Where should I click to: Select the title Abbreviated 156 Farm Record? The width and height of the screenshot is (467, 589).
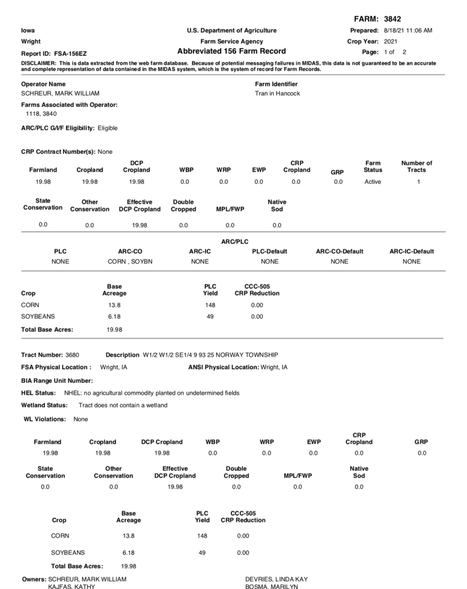coord(231,51)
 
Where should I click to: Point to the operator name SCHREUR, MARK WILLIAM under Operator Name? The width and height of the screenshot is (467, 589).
coord(60,93)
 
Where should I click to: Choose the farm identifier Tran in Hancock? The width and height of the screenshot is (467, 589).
coord(277,93)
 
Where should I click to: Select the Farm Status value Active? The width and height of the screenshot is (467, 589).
coord(373,182)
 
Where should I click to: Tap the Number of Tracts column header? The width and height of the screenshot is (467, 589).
coord(417,166)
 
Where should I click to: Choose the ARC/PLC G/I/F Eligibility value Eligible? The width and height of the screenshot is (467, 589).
coord(108,128)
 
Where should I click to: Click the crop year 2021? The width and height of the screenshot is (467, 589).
coord(391,41)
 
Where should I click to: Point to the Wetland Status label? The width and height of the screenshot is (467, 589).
coord(44,405)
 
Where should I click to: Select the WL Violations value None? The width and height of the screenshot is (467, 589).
coord(81,419)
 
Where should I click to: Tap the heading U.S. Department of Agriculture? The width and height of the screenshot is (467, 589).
coord(231,30)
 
